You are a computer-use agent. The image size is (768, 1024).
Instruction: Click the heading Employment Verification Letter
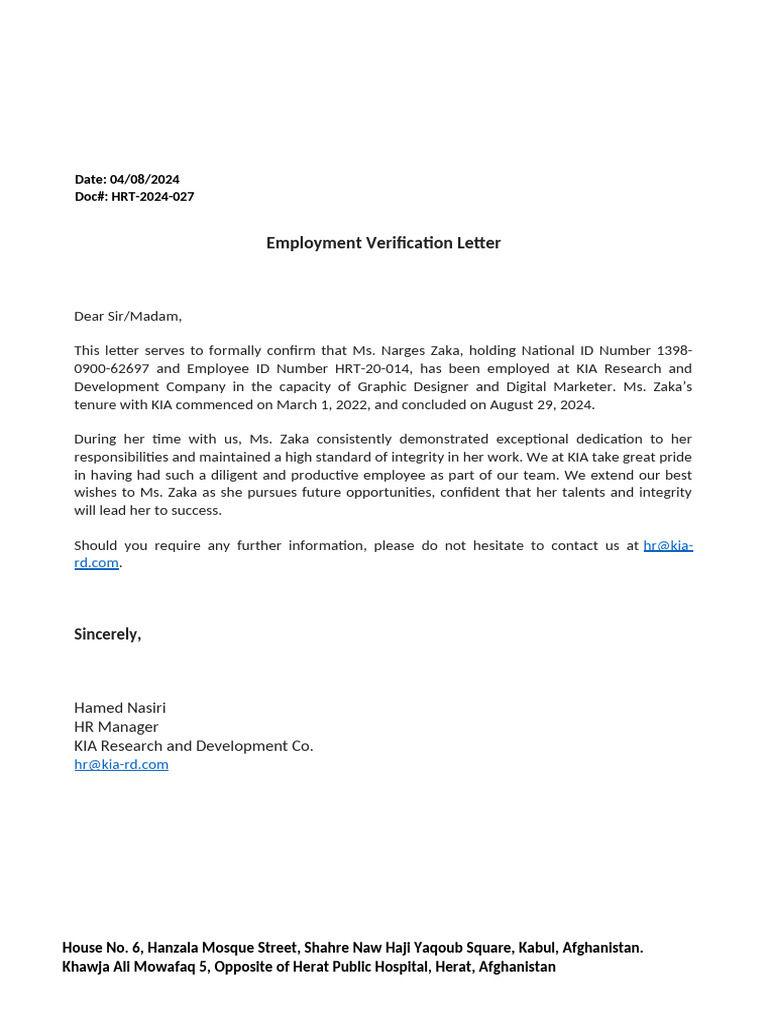383,243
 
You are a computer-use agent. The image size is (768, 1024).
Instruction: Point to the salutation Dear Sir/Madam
128,316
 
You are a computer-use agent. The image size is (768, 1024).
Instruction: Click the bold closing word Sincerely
107,634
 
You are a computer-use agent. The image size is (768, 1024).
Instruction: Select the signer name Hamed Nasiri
120,708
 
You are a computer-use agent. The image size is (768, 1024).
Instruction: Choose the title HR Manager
116,727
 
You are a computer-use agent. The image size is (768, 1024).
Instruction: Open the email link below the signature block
121,764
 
